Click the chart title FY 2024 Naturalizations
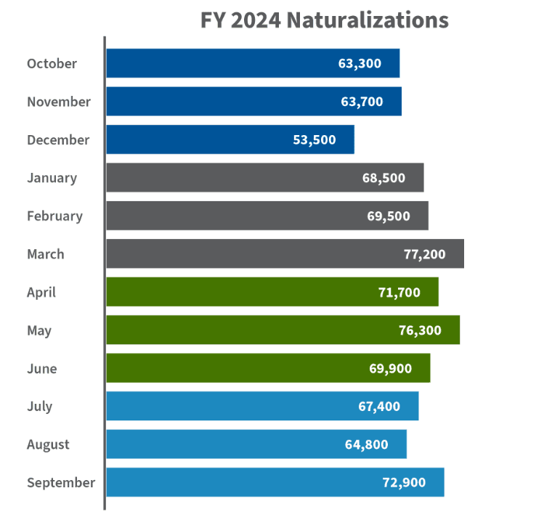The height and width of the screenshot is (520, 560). click(324, 20)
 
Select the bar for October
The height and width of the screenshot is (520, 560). click(253, 63)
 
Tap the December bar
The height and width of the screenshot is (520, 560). click(230, 139)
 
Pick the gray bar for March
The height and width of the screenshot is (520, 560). click(285, 254)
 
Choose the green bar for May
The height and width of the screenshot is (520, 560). click(283, 330)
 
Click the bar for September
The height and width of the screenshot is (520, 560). click(275, 482)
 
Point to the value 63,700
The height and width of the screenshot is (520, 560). click(362, 102)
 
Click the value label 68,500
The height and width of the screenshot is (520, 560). click(384, 178)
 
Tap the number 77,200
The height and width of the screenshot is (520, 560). click(424, 254)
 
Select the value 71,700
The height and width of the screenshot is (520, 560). click(399, 292)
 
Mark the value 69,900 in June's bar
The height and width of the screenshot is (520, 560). click(390, 368)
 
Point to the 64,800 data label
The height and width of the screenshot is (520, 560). click(367, 444)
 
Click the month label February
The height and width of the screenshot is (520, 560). click(54, 216)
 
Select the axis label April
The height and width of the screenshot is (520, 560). click(41, 292)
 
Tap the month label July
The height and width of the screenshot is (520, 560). click(39, 406)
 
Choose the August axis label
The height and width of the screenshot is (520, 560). click(49, 444)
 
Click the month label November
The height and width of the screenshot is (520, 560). click(59, 102)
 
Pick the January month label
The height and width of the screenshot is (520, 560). click(52, 178)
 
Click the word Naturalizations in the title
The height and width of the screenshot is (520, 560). click(368, 20)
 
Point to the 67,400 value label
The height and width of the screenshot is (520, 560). click(378, 406)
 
